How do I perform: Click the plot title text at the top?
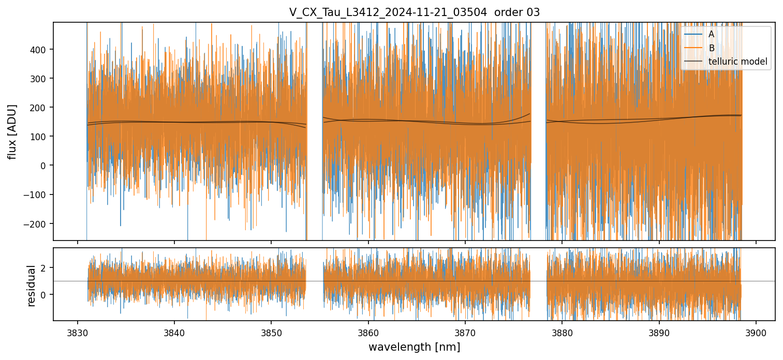click(x=414, y=12)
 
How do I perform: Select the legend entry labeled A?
click(x=711, y=35)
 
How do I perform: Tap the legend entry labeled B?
click(x=711, y=49)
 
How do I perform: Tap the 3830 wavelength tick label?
click(x=78, y=333)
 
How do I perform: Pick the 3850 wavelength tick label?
click(x=271, y=333)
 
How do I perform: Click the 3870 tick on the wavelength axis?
click(x=465, y=333)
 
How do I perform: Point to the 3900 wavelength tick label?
click(x=756, y=333)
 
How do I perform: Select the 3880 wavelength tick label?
click(x=562, y=333)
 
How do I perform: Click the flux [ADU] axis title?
click(x=12, y=131)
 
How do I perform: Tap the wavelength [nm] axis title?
click(x=414, y=347)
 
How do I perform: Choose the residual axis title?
click(x=31, y=285)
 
